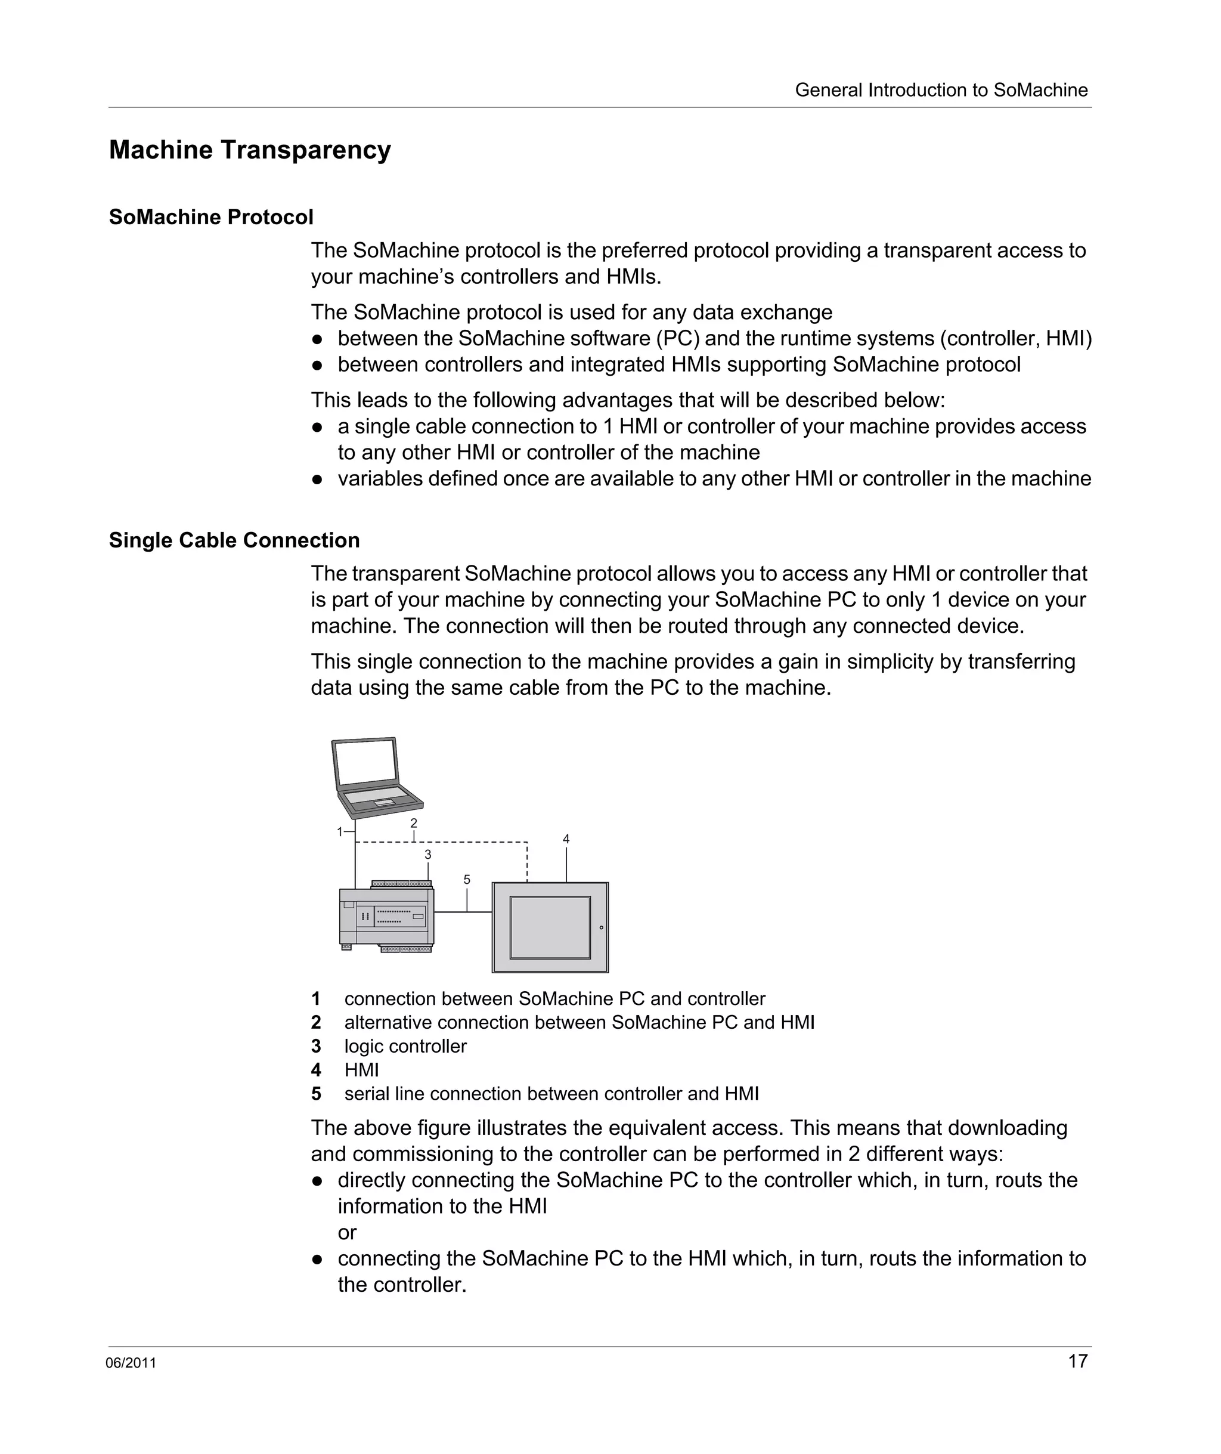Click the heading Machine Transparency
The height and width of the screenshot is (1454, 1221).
click(x=250, y=150)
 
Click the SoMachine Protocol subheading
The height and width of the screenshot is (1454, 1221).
click(x=211, y=218)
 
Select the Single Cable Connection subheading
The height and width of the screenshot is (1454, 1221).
click(x=234, y=541)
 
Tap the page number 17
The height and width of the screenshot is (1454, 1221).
click(x=1078, y=1361)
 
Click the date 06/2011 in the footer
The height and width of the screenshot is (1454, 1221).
click(x=131, y=1363)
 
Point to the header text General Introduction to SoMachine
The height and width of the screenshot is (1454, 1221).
click(x=941, y=90)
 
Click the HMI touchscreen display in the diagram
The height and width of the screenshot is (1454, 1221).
click(x=550, y=928)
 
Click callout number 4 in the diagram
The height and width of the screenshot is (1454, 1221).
click(x=566, y=839)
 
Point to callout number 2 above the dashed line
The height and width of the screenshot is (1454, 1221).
click(x=414, y=823)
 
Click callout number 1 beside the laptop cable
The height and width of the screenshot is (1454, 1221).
click(x=340, y=831)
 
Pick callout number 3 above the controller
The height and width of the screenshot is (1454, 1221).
click(x=427, y=855)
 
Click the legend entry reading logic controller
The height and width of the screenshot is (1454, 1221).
click(x=405, y=1046)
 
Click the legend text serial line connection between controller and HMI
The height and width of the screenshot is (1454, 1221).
click(x=551, y=1094)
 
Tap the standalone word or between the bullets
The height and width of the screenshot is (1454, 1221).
click(x=347, y=1232)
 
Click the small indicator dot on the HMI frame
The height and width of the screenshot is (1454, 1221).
click(x=602, y=927)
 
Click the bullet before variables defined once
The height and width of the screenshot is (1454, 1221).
click(x=318, y=479)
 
